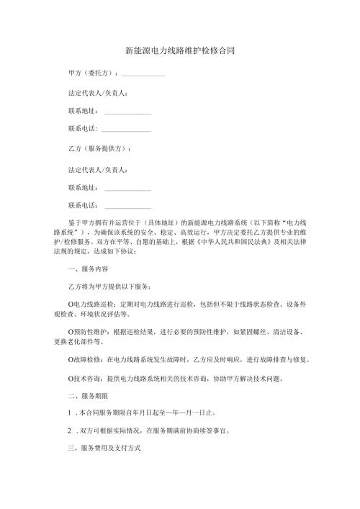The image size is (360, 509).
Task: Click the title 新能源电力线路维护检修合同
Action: coord(179,52)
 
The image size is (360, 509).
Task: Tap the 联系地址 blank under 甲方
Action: coord(127,113)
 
